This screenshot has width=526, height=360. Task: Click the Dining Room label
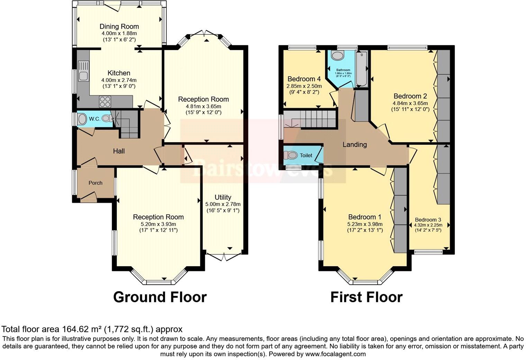point(119,27)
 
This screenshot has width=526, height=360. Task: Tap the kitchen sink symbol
point(83,71)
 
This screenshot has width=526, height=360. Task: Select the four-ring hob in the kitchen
point(105,101)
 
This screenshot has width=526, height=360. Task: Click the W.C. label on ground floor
point(94,119)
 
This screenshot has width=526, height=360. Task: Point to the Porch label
point(95,183)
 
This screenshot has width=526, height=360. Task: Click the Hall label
point(119,151)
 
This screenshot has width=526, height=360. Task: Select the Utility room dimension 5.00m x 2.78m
point(223,204)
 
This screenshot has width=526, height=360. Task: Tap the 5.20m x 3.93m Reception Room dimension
point(158,224)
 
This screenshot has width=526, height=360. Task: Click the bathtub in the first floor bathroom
point(362,69)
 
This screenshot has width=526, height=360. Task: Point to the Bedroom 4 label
point(304,79)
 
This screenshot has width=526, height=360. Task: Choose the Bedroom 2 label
point(410,96)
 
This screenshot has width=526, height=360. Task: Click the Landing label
point(354,145)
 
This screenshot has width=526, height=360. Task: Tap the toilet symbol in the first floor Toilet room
point(291,155)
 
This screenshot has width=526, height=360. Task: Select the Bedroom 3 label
point(428,220)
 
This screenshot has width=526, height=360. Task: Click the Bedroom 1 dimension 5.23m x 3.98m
point(365,224)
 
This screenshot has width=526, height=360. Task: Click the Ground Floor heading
point(160,297)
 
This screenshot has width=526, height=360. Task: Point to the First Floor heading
point(366,297)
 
